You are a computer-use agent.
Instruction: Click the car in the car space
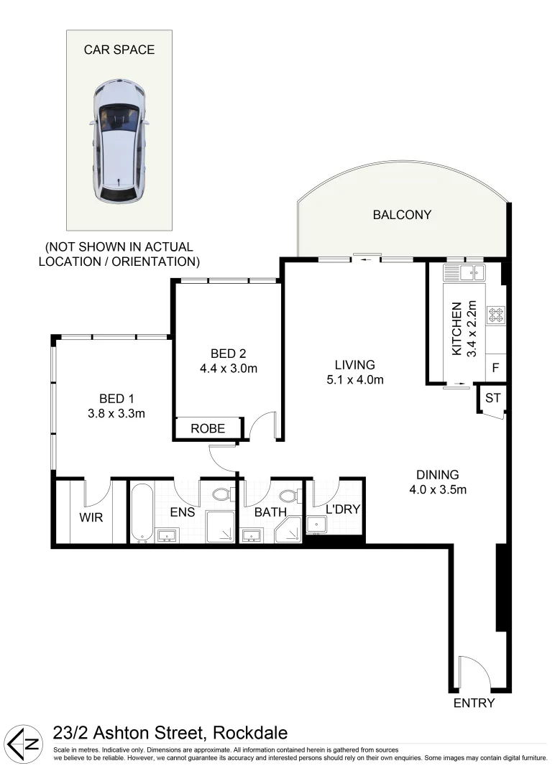pos(120,142)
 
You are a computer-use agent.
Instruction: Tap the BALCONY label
pos(402,214)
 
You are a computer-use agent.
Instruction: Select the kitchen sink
pos(464,272)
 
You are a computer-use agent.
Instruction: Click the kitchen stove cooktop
pos(496,314)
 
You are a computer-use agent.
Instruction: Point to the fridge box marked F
pos(495,367)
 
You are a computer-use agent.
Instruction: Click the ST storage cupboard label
pos(492,398)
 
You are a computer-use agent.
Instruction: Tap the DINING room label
pos(437,474)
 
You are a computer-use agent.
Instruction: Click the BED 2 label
pos(228,353)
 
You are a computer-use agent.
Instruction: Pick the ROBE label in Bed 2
pos(208,429)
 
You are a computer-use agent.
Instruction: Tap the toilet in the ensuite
pos(221,495)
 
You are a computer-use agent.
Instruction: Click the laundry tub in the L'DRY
pos(316,525)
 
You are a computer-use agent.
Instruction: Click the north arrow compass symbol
pos(24,744)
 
